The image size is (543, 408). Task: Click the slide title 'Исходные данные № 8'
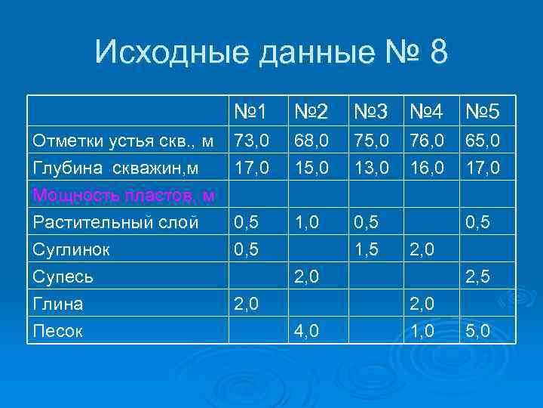(271, 53)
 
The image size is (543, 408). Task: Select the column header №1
(250, 113)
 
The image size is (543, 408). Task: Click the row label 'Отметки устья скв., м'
(124, 141)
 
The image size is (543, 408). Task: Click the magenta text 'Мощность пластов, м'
(124, 196)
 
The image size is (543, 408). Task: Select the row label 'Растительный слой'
(115, 223)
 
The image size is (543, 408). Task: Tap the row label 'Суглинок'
(73, 249)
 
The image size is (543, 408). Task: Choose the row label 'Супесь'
(63, 277)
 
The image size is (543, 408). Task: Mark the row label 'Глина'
(57, 304)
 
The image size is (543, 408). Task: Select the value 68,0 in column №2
(311, 141)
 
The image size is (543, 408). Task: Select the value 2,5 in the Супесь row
(480, 277)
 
